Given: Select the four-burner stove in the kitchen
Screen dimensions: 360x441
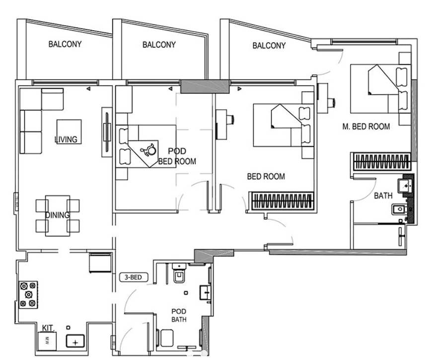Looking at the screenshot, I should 28,294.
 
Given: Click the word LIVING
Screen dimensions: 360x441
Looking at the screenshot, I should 66,140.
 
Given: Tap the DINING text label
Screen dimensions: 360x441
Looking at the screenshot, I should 58,215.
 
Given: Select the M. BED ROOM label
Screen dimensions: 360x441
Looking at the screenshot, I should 366,127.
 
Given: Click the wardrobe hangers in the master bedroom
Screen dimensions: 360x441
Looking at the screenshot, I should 381,161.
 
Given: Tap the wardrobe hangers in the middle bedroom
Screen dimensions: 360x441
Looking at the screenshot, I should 282,202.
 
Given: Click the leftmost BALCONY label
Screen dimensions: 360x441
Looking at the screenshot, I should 65,44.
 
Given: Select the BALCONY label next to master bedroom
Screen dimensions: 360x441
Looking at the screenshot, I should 269,46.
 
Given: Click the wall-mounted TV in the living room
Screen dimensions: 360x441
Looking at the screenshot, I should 106,133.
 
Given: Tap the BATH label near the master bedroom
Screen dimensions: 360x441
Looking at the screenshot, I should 383,196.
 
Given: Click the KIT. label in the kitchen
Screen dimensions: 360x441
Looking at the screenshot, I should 48,328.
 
